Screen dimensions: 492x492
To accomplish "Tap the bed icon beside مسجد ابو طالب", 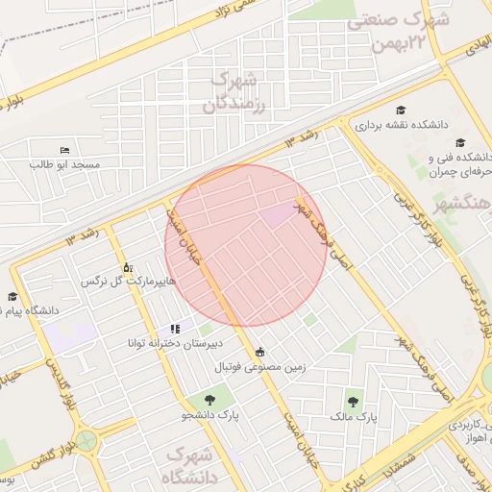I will [x=64, y=151].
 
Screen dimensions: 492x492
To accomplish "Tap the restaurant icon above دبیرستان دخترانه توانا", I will [x=174, y=329].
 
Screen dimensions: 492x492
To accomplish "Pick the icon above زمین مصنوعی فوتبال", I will [x=260, y=352].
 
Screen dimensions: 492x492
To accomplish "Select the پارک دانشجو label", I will [x=202, y=415].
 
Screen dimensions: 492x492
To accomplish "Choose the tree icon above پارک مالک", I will [x=355, y=404].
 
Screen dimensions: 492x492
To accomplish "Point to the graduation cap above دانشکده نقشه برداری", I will [x=401, y=111].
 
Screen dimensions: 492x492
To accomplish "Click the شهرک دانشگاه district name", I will [x=192, y=464].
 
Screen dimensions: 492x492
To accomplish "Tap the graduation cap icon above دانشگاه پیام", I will [x=12, y=297].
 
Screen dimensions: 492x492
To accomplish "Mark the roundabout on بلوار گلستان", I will [x=87, y=443].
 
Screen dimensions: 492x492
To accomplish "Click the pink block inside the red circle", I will [x=280, y=215].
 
